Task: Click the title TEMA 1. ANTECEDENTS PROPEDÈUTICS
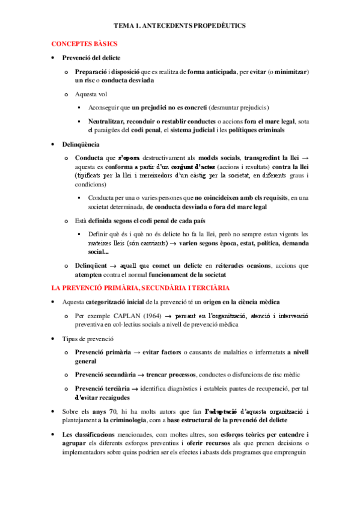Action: [180, 26]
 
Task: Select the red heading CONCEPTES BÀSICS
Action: [84, 44]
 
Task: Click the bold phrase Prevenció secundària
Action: [102, 373]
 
